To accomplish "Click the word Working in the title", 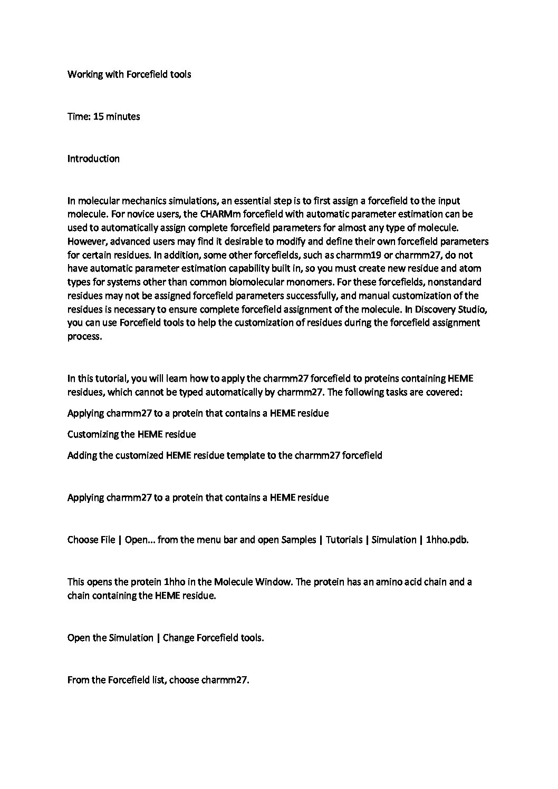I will click(x=84, y=74).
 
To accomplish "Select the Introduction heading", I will click(x=93, y=159).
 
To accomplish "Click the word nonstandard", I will click(x=455, y=282).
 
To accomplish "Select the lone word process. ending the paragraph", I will click(x=84, y=337).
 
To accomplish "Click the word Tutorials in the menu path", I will click(x=344, y=540).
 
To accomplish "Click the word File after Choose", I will click(x=108, y=540).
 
